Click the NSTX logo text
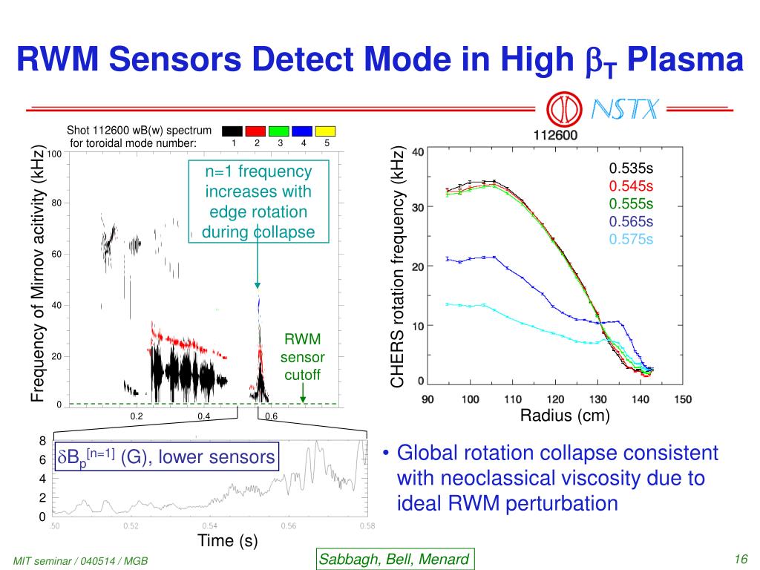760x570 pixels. [x=624, y=111]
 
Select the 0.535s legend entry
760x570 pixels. [x=631, y=168]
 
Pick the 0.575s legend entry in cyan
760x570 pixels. [x=631, y=239]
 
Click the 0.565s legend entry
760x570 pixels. [x=631, y=221]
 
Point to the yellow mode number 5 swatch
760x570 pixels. [x=327, y=131]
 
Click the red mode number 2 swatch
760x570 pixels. [x=256, y=131]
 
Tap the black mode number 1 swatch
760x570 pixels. [x=232, y=131]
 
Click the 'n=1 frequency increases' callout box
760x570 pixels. [x=258, y=202]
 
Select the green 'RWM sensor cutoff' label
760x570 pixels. [x=302, y=357]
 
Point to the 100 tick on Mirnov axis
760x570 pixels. [x=53, y=154]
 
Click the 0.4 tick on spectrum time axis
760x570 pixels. [x=204, y=416]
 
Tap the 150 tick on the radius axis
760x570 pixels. [x=682, y=399]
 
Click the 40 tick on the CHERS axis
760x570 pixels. [x=418, y=152]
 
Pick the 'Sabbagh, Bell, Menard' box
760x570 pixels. [x=394, y=559]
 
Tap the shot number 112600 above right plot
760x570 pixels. [x=555, y=136]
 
